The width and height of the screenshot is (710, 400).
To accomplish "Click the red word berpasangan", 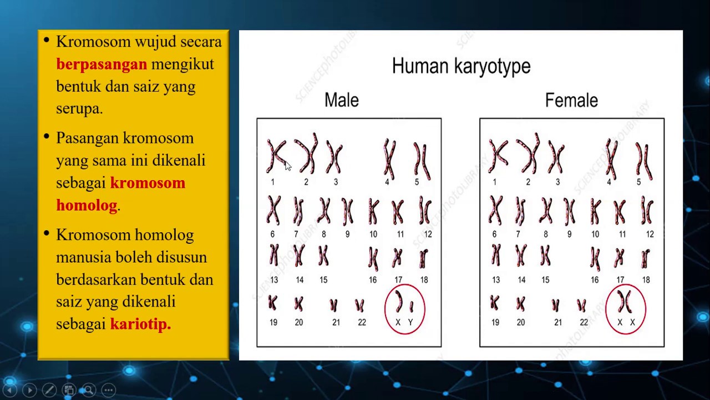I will coord(102,64).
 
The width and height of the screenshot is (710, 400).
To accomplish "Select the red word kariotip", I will coord(140,324).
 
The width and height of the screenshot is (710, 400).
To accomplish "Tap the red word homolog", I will coord(87,206).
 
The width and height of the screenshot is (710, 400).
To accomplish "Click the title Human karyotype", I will coord(461,66).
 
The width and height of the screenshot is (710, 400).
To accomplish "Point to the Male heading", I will coord(341,101).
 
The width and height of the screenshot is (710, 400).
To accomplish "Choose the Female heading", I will coord(571,101).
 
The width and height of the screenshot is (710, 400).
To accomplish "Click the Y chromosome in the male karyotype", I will coord(411,307).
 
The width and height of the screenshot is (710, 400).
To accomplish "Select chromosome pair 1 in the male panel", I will coord(275,156).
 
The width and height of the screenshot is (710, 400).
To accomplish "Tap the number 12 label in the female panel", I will coord(650,234).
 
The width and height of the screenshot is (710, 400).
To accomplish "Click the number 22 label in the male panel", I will coord(362,323).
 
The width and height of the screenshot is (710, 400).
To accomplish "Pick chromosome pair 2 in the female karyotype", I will coord(528,154).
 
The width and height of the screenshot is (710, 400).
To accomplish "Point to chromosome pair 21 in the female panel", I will coord(556,305).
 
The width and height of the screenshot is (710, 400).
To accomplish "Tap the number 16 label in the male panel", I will coord(373,280).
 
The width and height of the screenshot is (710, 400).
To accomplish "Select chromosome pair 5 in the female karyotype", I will coord(643,159).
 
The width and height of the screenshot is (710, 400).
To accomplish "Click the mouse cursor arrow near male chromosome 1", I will coord(287,166).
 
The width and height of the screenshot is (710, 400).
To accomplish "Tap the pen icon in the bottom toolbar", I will coord(49,390).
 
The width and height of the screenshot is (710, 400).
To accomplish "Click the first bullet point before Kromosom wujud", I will coord(46,41).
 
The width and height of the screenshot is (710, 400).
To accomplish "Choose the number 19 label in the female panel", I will coord(495,323).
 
